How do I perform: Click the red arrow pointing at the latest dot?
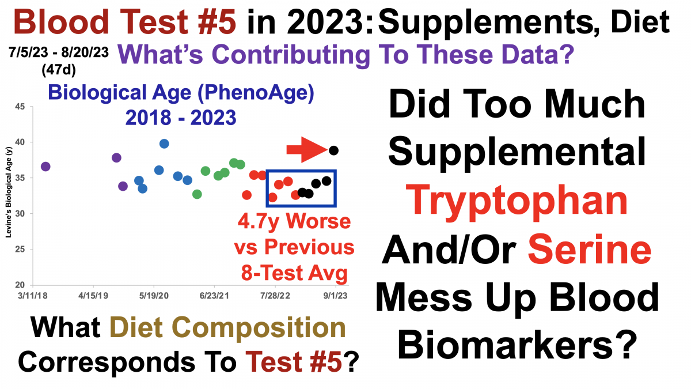306,150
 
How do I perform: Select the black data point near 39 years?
333,150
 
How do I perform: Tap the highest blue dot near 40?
164,143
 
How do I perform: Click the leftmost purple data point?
45,167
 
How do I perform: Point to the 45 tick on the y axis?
20,107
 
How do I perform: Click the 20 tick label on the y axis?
20,285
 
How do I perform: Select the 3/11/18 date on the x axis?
33,296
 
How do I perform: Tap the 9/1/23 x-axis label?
335,296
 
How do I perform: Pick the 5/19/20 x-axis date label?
154,296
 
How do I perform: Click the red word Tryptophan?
517,201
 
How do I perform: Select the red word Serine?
590,249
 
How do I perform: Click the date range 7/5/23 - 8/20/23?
59,52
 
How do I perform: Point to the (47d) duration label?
59,70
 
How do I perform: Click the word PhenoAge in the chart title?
259,93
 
